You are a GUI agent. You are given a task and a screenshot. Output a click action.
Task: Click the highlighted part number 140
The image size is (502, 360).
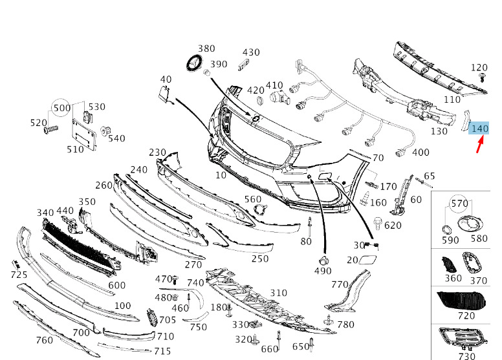coord(479,129)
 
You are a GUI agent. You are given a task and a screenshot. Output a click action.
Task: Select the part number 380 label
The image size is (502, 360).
coord(206,48)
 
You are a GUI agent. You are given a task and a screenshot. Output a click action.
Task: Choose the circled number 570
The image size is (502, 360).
coord(460,204)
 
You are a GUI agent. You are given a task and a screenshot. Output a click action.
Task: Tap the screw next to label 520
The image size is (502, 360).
coord(50,129)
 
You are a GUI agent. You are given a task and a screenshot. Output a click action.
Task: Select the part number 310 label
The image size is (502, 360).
coord(278,293)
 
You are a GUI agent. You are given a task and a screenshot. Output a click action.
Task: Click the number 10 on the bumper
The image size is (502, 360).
coord(221,175)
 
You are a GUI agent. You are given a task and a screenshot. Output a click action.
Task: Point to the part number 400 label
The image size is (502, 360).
coord(420,153)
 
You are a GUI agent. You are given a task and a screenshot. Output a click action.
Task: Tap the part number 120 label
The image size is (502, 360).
coord(479,67)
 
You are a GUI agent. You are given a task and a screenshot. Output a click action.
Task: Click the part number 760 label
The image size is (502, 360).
coord(44,341)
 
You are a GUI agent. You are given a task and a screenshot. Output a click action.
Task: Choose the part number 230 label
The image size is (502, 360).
coord(157,153)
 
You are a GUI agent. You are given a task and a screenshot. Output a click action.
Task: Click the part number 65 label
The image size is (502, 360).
coord(430,176)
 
